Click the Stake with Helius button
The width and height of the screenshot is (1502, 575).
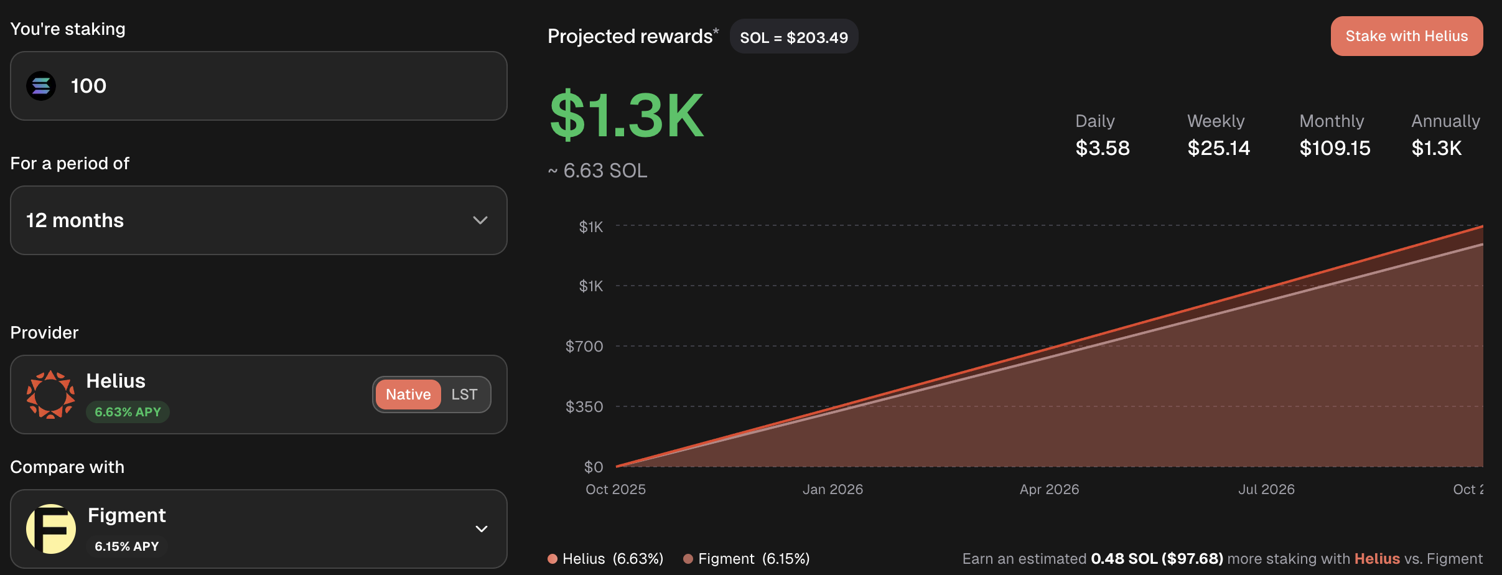(1406, 36)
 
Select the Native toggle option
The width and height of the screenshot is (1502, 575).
(408, 395)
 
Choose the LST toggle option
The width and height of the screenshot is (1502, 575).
(464, 395)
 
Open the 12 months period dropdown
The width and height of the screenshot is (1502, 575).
(258, 220)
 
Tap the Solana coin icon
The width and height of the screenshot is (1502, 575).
(41, 86)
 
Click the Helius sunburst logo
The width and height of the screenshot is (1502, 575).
(50, 395)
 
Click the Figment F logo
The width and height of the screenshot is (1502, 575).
(50, 528)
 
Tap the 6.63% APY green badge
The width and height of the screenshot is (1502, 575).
(128, 412)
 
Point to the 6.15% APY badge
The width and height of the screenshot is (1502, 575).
(126, 546)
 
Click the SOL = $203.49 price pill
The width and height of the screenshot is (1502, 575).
(793, 37)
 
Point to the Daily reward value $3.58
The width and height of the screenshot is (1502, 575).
(1102, 148)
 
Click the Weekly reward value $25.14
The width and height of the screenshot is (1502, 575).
(1218, 148)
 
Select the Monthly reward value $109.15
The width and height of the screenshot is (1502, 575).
(1335, 148)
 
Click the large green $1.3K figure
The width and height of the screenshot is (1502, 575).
(627, 116)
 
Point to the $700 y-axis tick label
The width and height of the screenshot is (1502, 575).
(584, 346)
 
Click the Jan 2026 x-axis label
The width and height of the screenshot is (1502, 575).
(833, 489)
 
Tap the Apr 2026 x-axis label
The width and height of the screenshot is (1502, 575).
(1049, 489)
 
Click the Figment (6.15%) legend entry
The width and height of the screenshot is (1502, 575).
(747, 559)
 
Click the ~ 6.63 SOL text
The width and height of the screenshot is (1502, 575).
(598, 171)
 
